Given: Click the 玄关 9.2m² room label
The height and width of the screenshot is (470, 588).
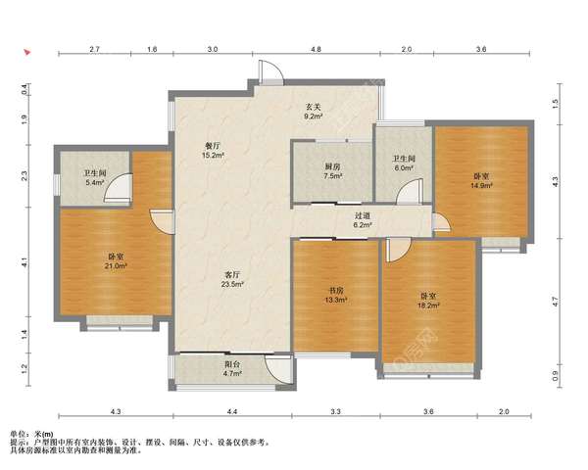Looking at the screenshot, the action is [x=314, y=112].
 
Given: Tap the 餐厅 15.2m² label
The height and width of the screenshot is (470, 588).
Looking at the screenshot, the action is [x=213, y=150].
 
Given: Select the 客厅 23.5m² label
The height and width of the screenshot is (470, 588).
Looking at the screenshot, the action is [x=232, y=279].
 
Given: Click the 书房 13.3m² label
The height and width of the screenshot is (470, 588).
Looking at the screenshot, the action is [x=336, y=295].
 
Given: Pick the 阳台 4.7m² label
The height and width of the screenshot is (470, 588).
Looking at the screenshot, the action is [x=232, y=368].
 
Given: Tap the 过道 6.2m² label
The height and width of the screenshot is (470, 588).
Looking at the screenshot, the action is [x=363, y=220].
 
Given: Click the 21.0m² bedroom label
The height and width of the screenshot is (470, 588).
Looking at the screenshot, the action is [x=116, y=261].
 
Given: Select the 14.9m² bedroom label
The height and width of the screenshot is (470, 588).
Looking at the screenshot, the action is [x=481, y=180].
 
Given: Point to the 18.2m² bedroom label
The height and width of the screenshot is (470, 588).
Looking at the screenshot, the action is [x=428, y=301].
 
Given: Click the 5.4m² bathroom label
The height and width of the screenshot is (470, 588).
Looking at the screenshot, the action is [x=95, y=177].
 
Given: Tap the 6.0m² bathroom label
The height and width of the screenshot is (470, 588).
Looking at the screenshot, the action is [x=404, y=164].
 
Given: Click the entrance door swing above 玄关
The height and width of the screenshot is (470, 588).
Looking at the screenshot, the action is [x=270, y=70].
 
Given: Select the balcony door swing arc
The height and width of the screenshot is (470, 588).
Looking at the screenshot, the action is [x=278, y=369].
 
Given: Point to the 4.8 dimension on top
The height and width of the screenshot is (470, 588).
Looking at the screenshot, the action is [x=316, y=49].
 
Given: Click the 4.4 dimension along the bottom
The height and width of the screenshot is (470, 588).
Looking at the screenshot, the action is [x=232, y=411].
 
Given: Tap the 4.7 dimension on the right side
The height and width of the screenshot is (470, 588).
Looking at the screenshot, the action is [x=556, y=301].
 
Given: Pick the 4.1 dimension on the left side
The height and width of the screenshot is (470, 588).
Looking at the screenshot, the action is [x=24, y=262].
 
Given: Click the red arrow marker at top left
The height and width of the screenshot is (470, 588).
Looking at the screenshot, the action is [x=27, y=52].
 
